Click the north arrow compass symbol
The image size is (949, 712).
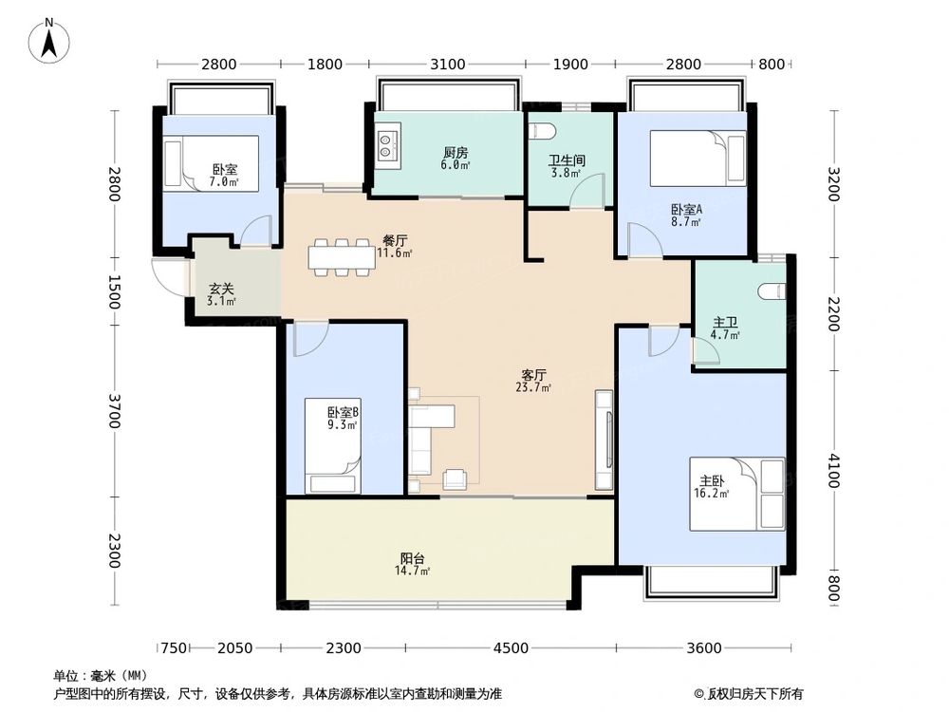(x=49, y=40)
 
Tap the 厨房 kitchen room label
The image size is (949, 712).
(x=456, y=153)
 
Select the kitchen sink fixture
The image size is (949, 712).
(x=387, y=145)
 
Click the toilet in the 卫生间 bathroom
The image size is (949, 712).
(x=542, y=131)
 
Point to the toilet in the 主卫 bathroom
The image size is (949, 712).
(x=772, y=291)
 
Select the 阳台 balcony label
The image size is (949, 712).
(x=412, y=557)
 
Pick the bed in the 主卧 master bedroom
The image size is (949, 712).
(x=737, y=494)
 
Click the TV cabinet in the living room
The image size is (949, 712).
(x=604, y=440)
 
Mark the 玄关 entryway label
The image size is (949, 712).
(x=221, y=290)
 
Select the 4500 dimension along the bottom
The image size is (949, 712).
(x=511, y=648)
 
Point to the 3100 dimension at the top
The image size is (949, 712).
(x=447, y=65)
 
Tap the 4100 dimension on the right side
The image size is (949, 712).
(x=833, y=470)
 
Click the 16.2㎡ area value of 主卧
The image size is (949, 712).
(x=711, y=494)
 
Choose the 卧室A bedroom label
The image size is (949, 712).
(x=686, y=210)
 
